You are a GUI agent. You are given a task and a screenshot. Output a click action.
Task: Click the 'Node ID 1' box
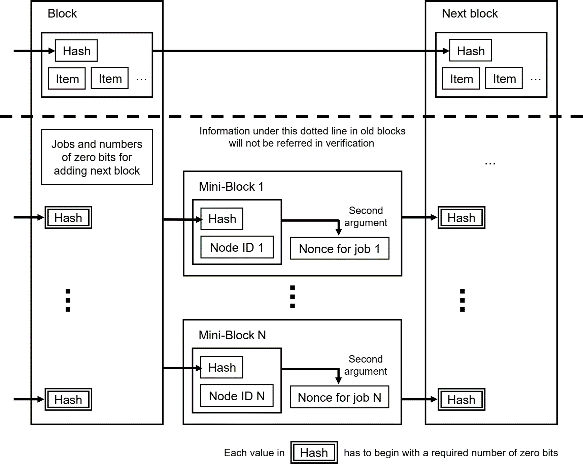(237, 247)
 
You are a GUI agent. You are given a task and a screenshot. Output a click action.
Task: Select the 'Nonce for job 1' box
(340, 249)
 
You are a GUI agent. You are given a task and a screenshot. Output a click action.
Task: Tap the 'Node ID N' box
(237, 396)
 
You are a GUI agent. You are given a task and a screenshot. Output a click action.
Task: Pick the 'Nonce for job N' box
(339, 397)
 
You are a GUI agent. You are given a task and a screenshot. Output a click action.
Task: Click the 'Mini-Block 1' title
(231, 187)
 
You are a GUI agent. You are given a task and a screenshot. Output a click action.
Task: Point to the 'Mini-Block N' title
(232, 335)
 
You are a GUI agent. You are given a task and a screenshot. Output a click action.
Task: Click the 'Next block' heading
(470, 13)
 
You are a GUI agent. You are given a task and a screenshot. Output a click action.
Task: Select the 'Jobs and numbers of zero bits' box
(97, 157)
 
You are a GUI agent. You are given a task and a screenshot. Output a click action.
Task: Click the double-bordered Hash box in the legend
(314, 452)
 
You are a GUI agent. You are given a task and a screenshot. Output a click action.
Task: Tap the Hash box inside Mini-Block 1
(222, 219)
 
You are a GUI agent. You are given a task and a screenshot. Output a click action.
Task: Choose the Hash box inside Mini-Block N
(221, 367)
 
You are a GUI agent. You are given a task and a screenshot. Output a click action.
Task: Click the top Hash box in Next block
(471, 51)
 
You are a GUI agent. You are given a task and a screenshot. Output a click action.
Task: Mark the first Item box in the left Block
(67, 79)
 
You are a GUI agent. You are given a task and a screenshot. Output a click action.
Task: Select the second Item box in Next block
(504, 78)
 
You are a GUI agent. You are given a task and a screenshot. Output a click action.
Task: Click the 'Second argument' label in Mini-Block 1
(366, 216)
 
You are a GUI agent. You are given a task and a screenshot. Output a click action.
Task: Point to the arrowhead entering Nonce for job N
(339, 381)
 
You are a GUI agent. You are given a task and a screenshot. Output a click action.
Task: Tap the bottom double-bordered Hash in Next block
(461, 399)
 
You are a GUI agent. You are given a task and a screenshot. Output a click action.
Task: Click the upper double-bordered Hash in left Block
(68, 217)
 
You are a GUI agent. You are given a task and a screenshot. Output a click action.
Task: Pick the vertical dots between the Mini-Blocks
(293, 297)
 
